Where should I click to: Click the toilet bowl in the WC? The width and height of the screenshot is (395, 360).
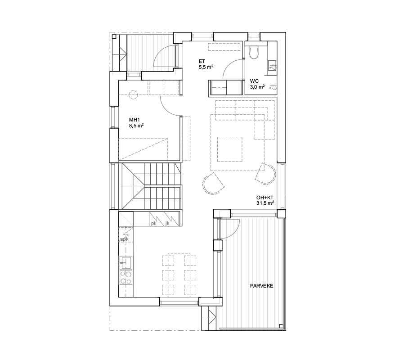[x=254, y=53]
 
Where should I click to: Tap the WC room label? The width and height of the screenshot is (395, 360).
[x=254, y=81]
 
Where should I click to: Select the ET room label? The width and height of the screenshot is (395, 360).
[x=202, y=61]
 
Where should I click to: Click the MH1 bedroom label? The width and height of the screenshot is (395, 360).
[x=134, y=120]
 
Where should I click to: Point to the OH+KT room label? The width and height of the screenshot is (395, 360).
[x=265, y=198]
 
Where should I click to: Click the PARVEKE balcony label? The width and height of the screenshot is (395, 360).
[x=261, y=286]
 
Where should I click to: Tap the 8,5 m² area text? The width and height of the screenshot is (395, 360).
[x=136, y=126]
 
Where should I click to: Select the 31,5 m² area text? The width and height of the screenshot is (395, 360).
[x=265, y=203]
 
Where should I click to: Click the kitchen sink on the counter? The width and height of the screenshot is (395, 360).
[x=126, y=263]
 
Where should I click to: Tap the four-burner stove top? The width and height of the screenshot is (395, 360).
[x=126, y=277]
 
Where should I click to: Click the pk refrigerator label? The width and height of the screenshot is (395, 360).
[x=154, y=223]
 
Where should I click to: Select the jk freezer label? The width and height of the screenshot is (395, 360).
[x=167, y=223]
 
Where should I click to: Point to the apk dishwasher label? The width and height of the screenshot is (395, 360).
[x=125, y=239]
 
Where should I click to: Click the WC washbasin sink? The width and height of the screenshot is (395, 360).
[x=272, y=65]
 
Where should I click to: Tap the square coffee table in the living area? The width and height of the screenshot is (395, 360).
[x=230, y=149]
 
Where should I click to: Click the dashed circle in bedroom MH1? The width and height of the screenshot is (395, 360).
[x=133, y=94]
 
